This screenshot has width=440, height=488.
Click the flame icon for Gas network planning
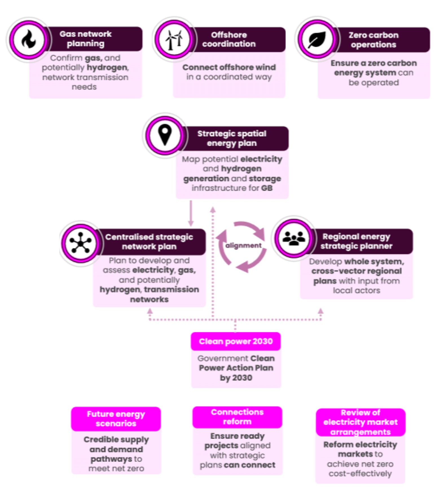28,39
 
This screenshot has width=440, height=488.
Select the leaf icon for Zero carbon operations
317,39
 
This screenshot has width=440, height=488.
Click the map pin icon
165,135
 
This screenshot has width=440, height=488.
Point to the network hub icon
81,243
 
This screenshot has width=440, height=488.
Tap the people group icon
294,238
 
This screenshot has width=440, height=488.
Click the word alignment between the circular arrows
243,246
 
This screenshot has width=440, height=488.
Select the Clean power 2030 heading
236,341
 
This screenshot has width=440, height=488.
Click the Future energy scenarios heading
116,419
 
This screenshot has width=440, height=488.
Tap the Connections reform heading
237,417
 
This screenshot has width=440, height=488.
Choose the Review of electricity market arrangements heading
360,422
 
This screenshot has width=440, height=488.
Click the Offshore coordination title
229,39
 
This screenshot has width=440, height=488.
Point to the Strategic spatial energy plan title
232,138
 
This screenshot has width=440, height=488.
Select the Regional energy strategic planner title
356,241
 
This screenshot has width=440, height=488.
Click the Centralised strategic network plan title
149,242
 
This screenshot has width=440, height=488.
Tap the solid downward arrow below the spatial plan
191,214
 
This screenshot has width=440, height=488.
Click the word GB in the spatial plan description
267,188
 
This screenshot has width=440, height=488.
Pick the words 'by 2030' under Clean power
236,378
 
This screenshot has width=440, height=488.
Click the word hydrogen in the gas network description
107,68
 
